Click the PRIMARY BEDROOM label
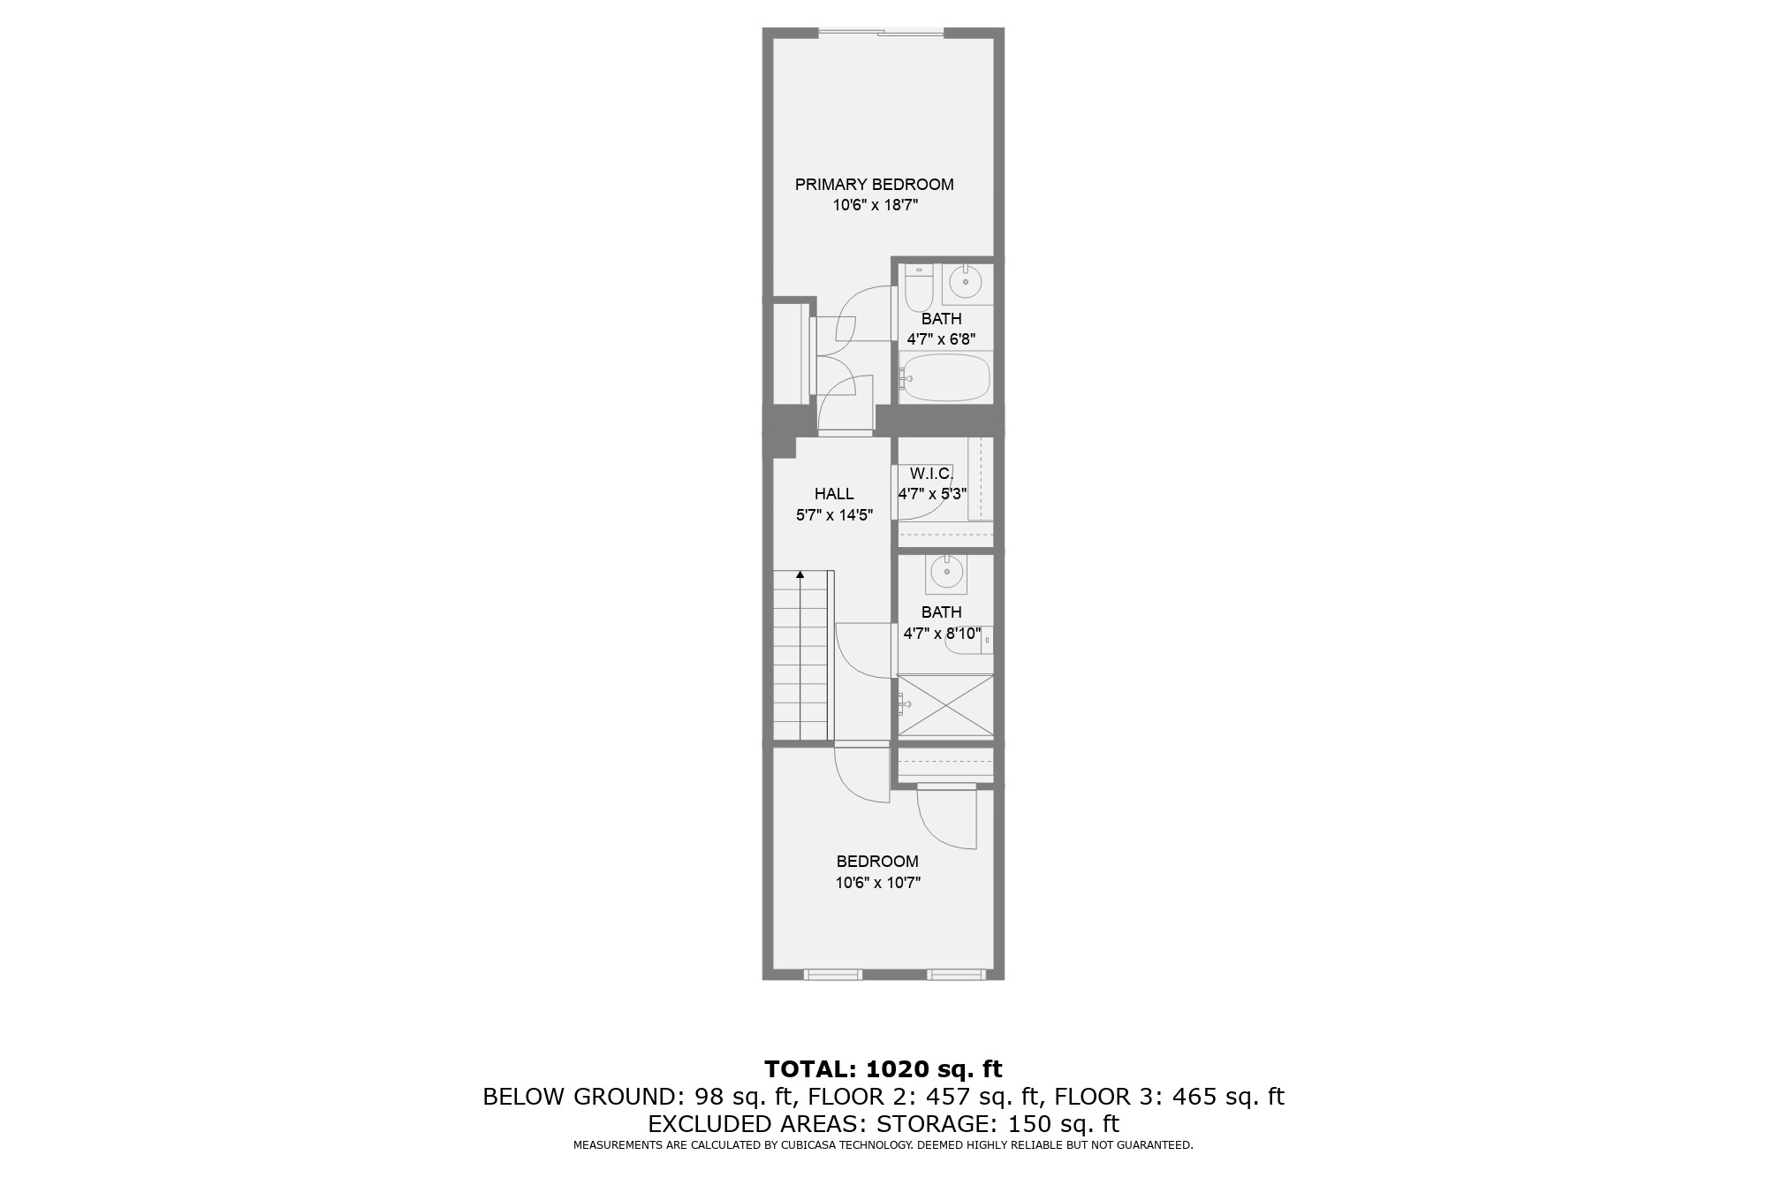[874, 185]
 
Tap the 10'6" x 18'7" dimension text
[874, 206]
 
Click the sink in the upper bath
[965, 283]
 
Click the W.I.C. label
[931, 474]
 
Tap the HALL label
[834, 494]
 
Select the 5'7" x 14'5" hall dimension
[834, 515]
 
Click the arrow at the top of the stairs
[800, 575]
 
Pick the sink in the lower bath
[946, 573]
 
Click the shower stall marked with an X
[946, 705]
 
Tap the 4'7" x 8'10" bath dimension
[942, 634]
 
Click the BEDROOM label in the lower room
[877, 862]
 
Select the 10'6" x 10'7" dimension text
[877, 883]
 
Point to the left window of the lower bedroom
[832, 975]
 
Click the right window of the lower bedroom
[956, 975]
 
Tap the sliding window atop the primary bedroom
[881, 34]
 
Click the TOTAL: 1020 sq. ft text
[883, 1069]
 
